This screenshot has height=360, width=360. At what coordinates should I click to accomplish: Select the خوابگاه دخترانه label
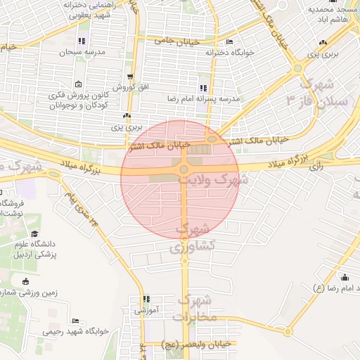[x=229, y=51]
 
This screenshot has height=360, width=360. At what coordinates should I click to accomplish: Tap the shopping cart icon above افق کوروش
[x=130, y=77]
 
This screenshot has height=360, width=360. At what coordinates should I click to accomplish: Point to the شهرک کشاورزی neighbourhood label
[x=191, y=238]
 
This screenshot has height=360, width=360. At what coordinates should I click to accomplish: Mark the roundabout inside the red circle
[x=184, y=169]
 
